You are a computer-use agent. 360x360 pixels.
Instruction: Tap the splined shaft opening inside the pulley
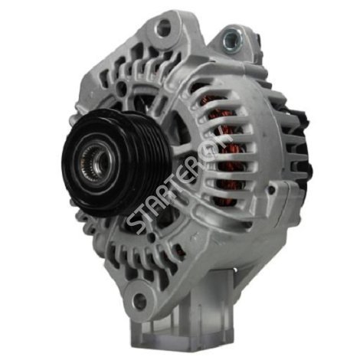(x=100, y=162)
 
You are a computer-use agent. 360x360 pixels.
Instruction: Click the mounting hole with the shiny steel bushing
(x=232, y=41)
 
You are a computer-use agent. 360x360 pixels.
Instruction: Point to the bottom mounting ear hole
(x=140, y=298)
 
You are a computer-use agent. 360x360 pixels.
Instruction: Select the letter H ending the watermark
(x=224, y=139)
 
